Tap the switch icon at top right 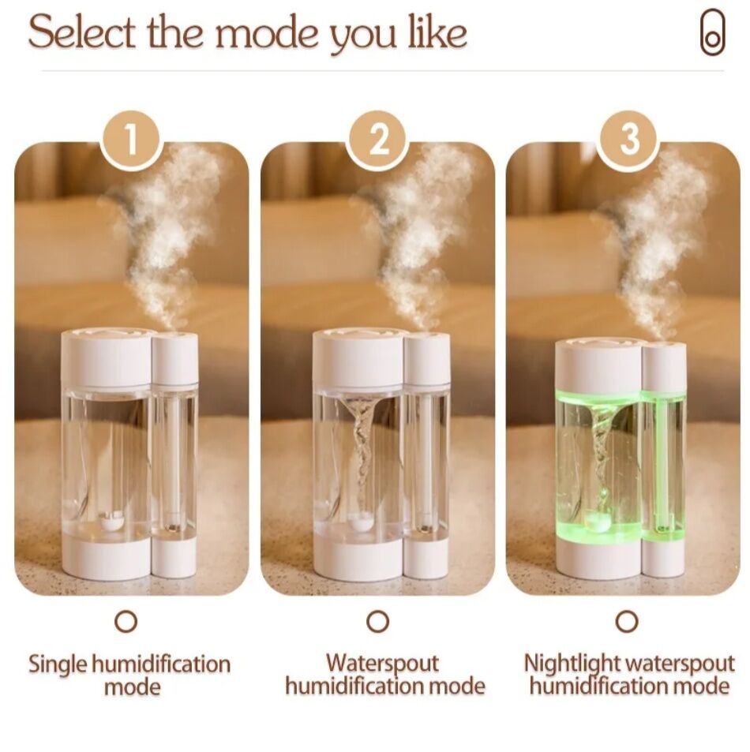(712, 33)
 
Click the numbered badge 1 (131, 141)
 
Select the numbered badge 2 (379, 141)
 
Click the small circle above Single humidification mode (126, 621)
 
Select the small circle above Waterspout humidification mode (378, 621)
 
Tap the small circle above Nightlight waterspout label (627, 621)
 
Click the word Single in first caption (58, 664)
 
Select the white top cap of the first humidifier (107, 357)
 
